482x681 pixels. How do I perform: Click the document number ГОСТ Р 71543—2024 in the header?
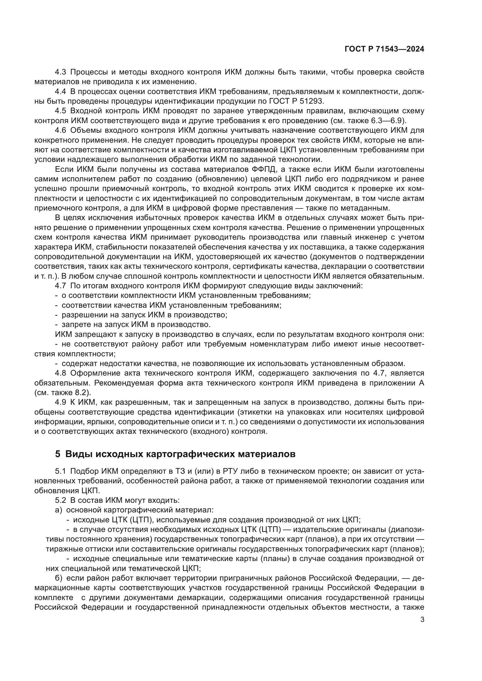384,49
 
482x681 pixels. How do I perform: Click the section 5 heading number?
58,454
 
